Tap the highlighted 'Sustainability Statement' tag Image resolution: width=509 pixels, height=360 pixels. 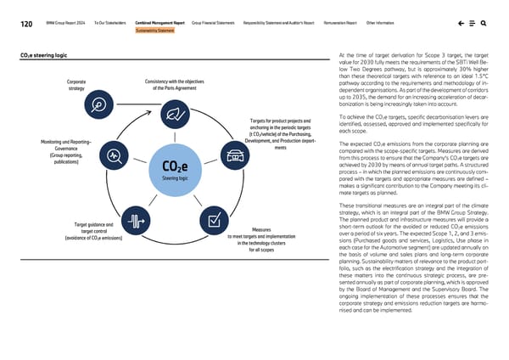click(155, 31)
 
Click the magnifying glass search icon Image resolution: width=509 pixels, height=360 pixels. click(484, 23)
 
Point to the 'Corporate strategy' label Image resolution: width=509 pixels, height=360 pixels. click(75, 85)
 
